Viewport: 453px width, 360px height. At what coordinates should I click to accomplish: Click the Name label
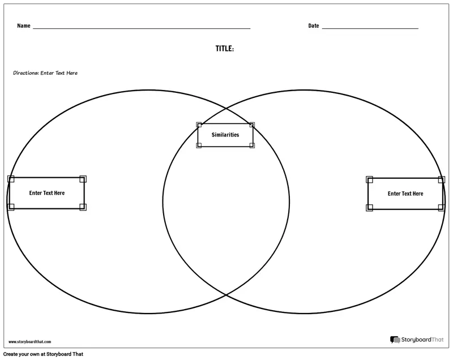[24, 25]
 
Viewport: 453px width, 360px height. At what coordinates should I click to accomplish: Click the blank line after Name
[142, 28]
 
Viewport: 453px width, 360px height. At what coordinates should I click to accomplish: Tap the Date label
[314, 25]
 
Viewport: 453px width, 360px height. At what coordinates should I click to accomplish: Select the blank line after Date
[370, 28]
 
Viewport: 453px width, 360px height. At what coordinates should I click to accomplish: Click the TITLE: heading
[225, 49]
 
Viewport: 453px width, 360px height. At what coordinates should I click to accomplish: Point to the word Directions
[25, 73]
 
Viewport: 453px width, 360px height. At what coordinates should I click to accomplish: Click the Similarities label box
[225, 135]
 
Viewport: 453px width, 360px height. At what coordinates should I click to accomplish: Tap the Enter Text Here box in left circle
[47, 193]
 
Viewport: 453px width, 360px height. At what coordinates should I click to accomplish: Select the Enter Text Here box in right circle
[405, 194]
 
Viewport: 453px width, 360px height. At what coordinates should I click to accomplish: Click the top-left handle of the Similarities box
[199, 125]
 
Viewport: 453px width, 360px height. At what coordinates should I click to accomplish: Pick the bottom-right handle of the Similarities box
[252, 145]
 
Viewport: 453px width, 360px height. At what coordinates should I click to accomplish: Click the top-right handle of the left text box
[83, 179]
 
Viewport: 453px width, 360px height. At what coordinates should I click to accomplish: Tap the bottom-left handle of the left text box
[11, 207]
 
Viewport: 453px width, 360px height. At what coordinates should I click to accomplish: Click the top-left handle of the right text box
[369, 179]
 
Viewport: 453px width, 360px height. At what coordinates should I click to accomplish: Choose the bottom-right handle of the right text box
[442, 208]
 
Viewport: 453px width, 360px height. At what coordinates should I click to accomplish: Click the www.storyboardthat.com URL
[30, 342]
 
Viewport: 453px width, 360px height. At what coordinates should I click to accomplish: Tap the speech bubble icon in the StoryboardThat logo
[395, 340]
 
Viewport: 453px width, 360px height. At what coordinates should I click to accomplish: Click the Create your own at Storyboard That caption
[44, 354]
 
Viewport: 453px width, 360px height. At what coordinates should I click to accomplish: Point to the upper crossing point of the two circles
[226, 109]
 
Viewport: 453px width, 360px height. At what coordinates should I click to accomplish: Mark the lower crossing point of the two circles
[226, 295]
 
